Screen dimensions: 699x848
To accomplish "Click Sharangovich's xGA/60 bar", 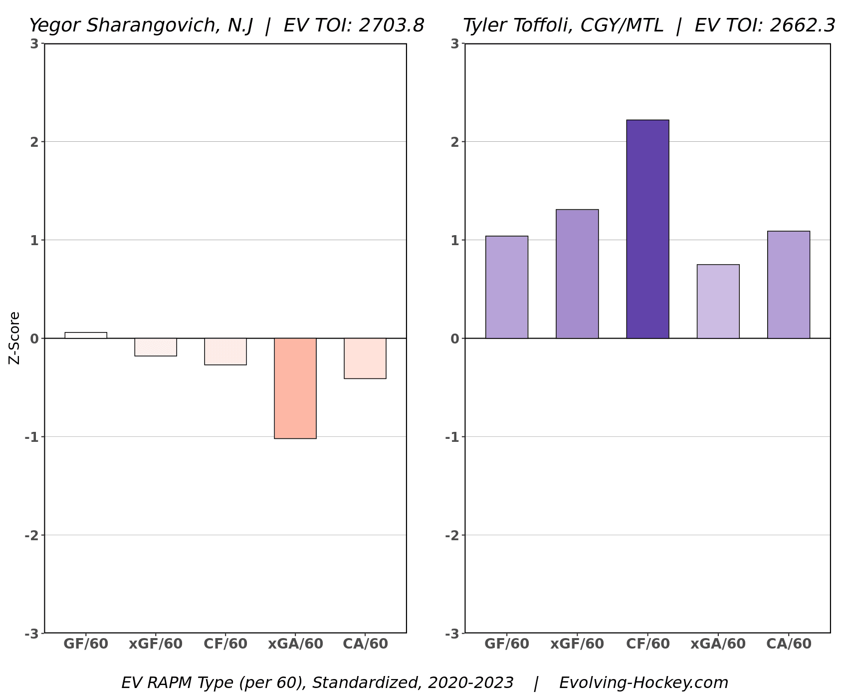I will tap(295, 388).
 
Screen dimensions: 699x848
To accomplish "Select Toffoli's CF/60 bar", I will tap(647, 229).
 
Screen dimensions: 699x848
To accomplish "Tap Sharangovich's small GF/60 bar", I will tap(86, 336).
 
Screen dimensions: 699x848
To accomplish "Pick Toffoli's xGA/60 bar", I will tap(718, 302).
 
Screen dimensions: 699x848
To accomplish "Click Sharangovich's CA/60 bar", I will tap(365, 358).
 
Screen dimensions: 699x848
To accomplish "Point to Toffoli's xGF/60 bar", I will tap(577, 274).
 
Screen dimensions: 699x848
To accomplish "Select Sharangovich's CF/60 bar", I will tap(225, 351).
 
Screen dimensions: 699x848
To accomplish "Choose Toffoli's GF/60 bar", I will tap(507, 287).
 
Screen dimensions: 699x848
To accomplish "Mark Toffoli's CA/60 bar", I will tap(788, 285).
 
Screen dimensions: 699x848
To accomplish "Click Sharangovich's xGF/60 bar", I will tap(156, 347).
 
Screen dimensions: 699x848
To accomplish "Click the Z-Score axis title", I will tap(15, 338).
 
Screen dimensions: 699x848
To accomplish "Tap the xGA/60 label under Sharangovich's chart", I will tap(295, 644).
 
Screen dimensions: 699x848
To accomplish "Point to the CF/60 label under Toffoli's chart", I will tap(647, 644).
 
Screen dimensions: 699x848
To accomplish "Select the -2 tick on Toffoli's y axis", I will tap(451, 535).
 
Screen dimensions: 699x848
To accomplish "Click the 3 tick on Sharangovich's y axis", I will tap(34, 44).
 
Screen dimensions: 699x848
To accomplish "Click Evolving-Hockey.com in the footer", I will tap(643, 683).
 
